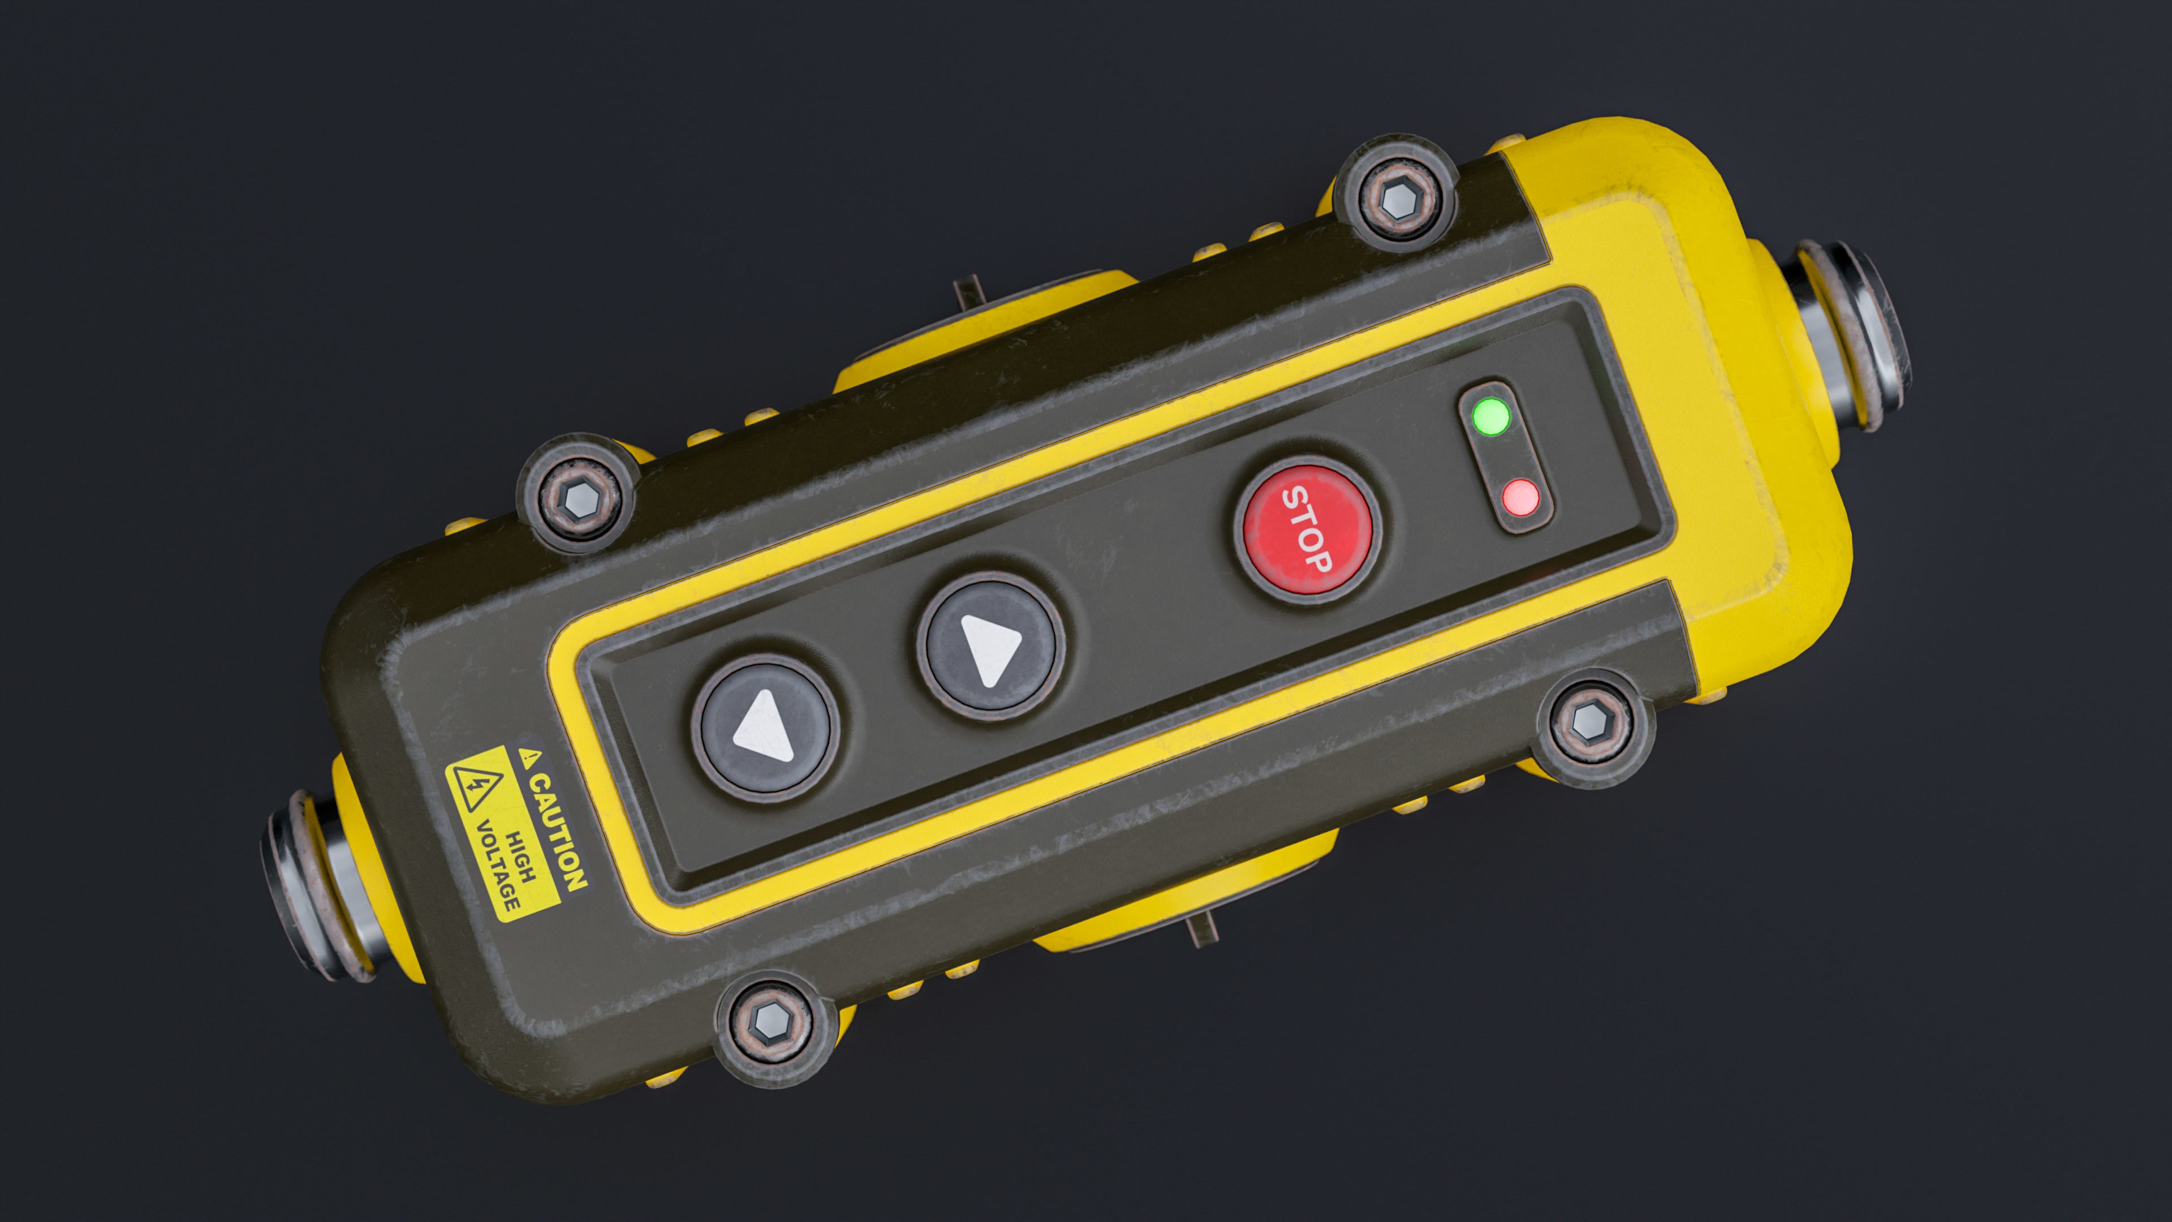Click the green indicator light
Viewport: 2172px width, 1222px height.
1491,416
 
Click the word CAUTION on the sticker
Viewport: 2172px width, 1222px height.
557,831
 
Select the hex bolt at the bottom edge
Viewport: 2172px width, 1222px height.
769,1023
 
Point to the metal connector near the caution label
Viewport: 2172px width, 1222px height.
312,885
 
